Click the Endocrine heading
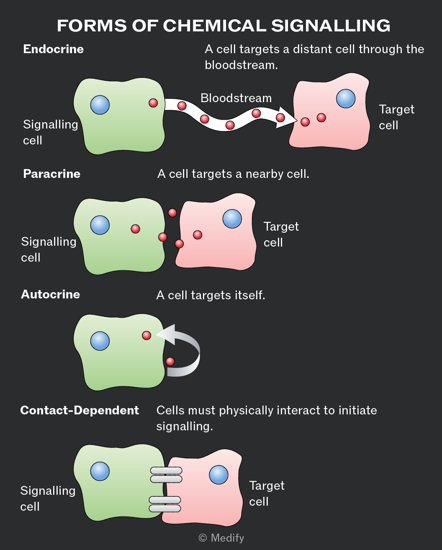(x=54, y=49)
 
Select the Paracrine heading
(x=51, y=174)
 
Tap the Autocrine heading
(x=50, y=294)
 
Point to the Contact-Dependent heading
(x=80, y=411)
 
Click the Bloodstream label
(x=236, y=98)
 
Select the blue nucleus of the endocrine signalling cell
(x=100, y=105)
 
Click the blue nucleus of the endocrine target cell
(x=346, y=98)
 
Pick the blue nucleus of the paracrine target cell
(x=232, y=219)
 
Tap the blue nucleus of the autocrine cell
(x=100, y=341)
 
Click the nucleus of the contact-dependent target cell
(x=218, y=475)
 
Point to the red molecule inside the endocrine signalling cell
(x=153, y=103)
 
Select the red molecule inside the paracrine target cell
(x=198, y=235)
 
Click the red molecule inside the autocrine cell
(x=146, y=335)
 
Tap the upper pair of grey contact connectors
(x=166, y=475)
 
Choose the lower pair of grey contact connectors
(x=165, y=504)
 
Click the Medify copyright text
(x=221, y=538)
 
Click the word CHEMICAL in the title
(x=214, y=26)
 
